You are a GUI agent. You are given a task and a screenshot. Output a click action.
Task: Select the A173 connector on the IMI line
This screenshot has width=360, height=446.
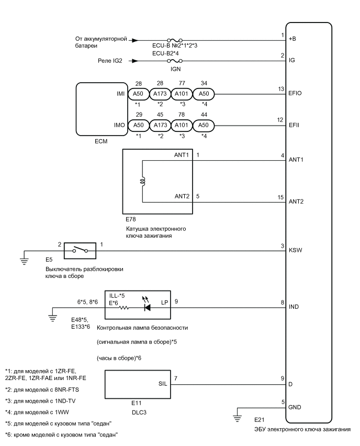pos(161,94)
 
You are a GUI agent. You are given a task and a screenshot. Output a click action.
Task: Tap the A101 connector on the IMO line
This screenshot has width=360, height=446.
pos(183,126)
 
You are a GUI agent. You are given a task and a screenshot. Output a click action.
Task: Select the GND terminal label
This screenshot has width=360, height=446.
pos(295,407)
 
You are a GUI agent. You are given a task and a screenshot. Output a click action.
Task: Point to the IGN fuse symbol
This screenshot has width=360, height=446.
pos(171,60)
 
